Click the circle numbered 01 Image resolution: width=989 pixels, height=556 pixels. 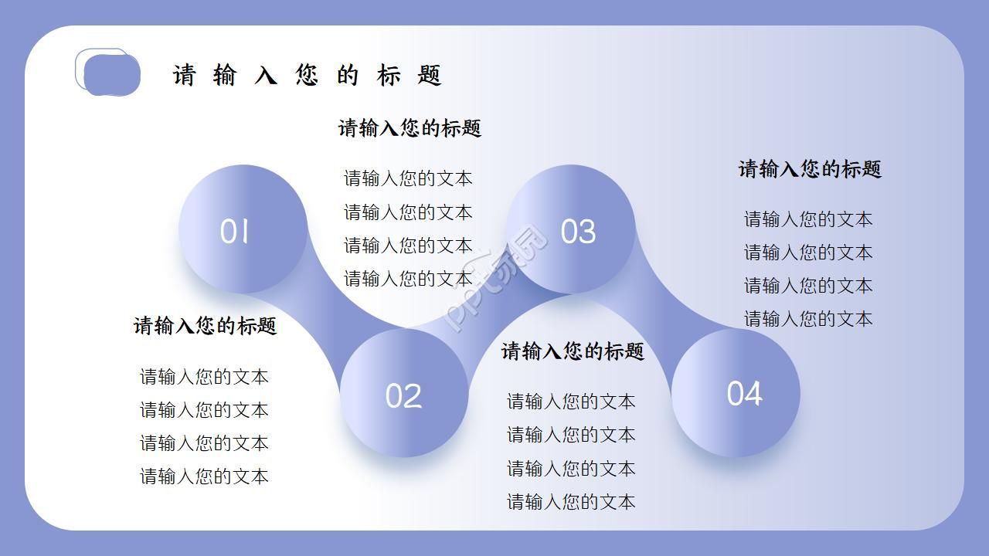coord(243,229)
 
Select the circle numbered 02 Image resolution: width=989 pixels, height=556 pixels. coord(404,393)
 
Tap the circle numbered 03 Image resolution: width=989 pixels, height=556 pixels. coord(571,229)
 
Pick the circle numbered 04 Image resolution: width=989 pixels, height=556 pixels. coord(736,393)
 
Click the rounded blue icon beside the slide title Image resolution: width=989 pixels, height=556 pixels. coord(109,74)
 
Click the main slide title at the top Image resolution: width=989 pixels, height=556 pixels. coord(307,76)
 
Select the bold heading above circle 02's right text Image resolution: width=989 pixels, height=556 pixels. coord(573,351)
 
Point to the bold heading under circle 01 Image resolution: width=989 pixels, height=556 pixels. coord(205,326)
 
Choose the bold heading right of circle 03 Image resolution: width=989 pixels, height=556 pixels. coord(810,169)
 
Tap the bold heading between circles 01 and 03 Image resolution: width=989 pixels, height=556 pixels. coord(410,128)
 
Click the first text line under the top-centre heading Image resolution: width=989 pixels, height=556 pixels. coord(408,178)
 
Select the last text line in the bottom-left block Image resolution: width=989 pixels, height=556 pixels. coord(204,476)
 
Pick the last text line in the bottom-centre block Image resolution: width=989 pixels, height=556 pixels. coord(571,502)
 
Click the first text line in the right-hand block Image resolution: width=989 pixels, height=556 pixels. coord(808,219)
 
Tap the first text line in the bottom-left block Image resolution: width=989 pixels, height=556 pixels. coord(204,377)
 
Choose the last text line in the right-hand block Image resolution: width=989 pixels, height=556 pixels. coord(808,319)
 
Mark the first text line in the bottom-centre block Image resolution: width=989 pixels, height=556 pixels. coord(571,402)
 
